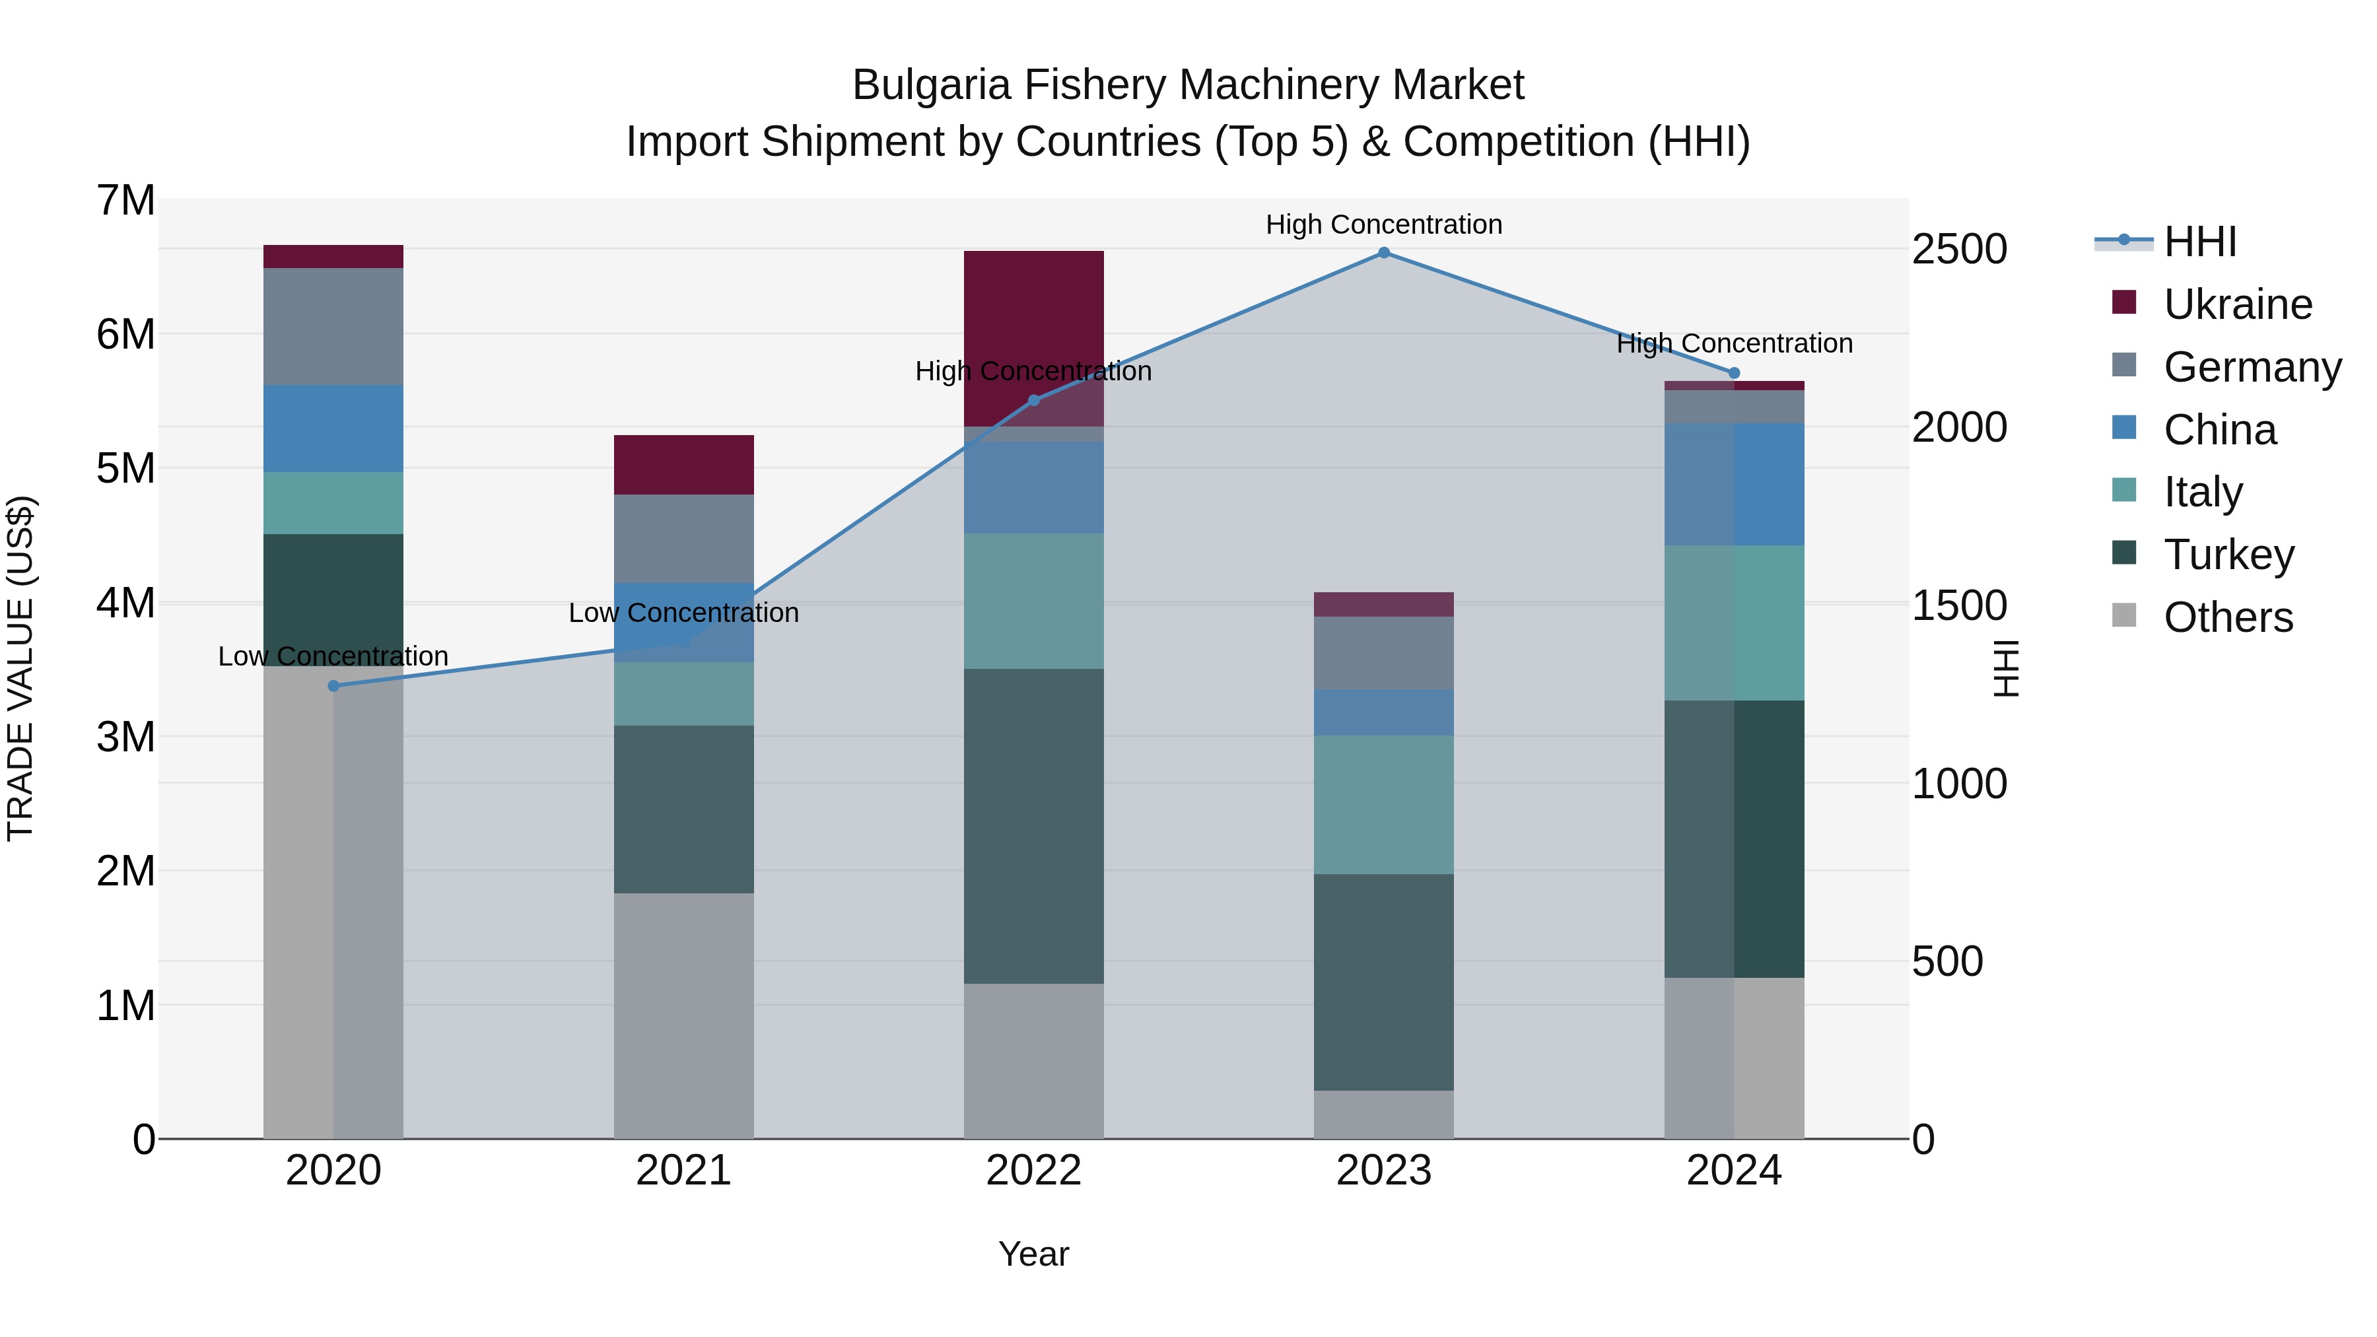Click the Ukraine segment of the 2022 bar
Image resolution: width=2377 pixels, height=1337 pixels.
(1033, 314)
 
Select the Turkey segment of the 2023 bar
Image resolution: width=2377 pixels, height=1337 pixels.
(1383, 982)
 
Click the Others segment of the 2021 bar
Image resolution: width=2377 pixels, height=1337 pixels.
(684, 1015)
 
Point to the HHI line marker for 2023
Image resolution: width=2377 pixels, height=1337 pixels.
(1383, 253)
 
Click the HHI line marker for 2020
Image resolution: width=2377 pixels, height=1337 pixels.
(334, 685)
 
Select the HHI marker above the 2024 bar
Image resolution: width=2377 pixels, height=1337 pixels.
(1734, 373)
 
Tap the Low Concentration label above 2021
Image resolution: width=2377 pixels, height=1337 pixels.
(684, 613)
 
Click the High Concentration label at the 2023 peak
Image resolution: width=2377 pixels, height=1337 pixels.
(1383, 224)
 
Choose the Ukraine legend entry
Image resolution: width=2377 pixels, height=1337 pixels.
(2237, 304)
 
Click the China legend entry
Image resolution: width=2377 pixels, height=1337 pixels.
(2219, 430)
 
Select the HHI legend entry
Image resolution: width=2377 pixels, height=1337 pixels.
(2200, 242)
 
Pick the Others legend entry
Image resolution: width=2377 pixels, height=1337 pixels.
(2228, 617)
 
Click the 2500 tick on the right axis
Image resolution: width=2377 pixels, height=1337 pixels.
(1959, 249)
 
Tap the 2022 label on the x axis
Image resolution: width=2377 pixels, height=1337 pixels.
(1033, 1171)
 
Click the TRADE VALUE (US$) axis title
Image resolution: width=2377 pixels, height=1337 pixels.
(20, 668)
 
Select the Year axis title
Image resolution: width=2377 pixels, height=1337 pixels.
(1033, 1254)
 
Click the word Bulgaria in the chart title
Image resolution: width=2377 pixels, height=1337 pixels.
(931, 85)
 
